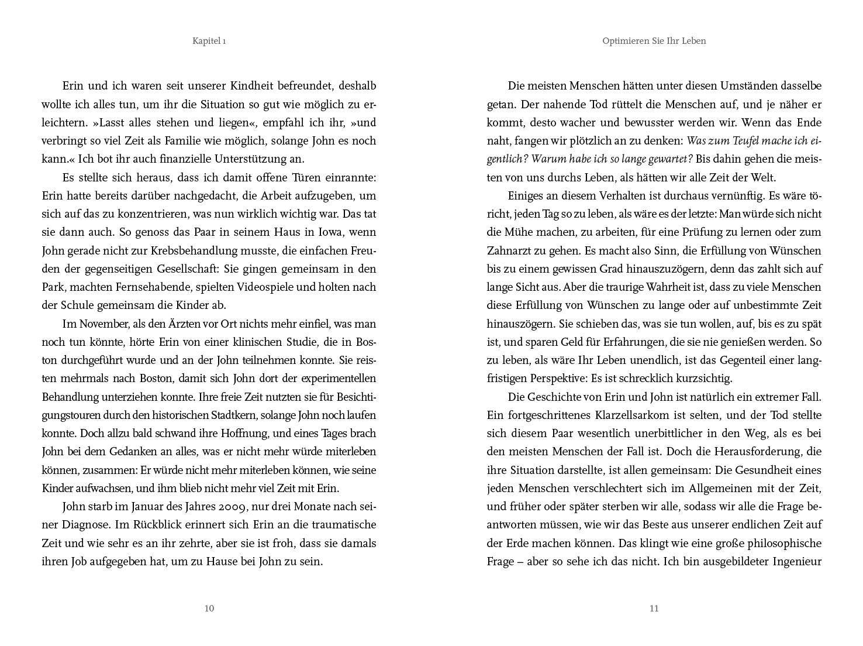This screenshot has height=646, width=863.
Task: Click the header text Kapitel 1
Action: click(x=209, y=41)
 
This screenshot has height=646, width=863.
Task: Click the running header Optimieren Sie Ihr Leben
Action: click(x=654, y=41)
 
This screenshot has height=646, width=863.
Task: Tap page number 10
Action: click(x=209, y=609)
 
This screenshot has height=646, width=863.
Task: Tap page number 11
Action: click(x=654, y=609)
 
